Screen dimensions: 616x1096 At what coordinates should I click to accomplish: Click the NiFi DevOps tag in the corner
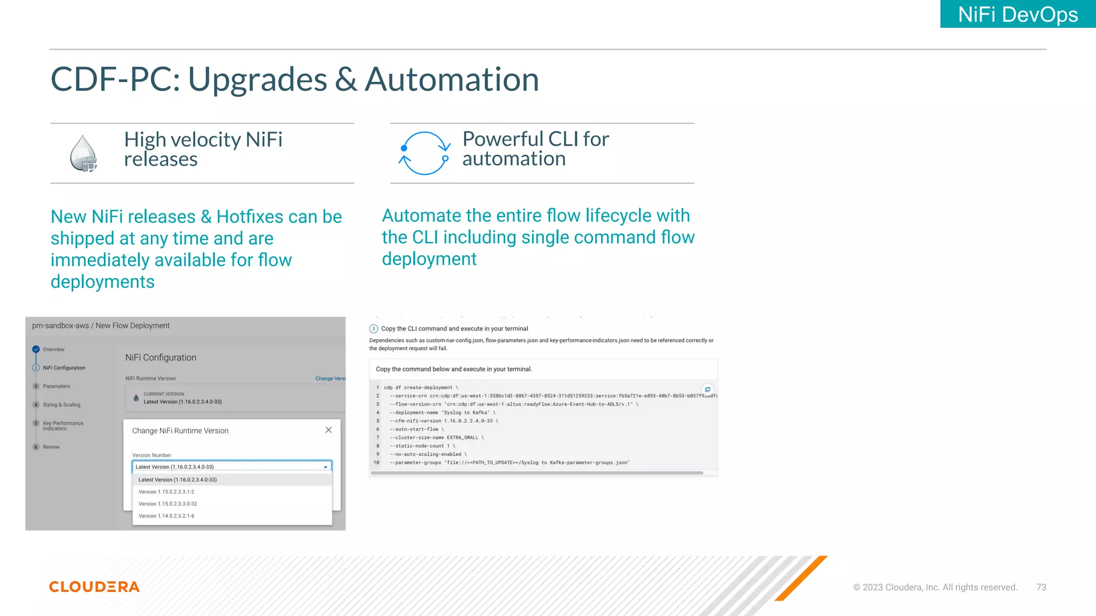click(1017, 14)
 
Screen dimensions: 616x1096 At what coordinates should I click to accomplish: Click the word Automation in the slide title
click(452, 80)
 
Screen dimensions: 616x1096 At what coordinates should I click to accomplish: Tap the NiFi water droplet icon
click(83, 153)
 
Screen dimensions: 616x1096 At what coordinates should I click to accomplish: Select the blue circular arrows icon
click(424, 153)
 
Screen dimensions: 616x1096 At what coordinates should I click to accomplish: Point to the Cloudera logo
click(94, 587)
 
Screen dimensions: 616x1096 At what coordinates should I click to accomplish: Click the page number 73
click(1041, 587)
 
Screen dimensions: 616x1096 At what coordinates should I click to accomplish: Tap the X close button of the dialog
click(329, 430)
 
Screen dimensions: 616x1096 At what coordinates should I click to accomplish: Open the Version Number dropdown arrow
click(325, 467)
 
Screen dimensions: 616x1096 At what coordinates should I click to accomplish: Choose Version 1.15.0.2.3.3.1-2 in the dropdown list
click(166, 492)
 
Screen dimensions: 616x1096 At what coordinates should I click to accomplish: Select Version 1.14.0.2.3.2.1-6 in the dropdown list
click(166, 516)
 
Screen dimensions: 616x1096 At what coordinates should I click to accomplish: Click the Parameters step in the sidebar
click(56, 386)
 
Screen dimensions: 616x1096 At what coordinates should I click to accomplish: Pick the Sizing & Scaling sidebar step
click(62, 405)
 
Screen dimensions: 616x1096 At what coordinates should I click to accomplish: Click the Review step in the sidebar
click(51, 447)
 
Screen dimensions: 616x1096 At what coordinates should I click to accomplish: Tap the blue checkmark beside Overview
click(36, 349)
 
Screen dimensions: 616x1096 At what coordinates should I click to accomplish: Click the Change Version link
click(330, 379)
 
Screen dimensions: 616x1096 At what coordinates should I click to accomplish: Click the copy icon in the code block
click(707, 389)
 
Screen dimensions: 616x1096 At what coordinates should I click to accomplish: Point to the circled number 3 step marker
click(374, 329)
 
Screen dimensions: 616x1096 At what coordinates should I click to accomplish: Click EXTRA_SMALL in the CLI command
click(462, 437)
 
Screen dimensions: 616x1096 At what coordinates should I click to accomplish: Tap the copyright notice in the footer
click(935, 587)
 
